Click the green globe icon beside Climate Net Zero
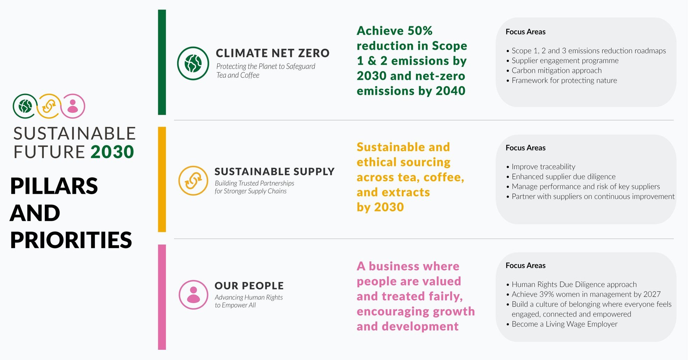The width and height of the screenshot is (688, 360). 193,63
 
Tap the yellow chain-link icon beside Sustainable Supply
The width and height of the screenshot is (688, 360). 193,181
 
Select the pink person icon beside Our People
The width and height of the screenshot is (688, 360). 193,295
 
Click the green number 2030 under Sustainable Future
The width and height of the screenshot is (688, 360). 112,152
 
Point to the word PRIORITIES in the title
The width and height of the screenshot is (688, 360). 71,240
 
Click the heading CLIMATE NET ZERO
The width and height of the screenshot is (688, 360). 273,53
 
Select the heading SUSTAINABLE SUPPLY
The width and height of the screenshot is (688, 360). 275,171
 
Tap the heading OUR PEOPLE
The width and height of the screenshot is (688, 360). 249,286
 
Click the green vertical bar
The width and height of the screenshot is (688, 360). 162,62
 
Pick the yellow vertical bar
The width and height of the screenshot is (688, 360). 162,179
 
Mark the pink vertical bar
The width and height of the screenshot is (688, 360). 162,297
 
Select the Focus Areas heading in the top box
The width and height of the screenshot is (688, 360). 525,32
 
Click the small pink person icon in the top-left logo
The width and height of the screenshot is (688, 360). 73,106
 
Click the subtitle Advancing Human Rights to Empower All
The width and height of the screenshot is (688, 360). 249,301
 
